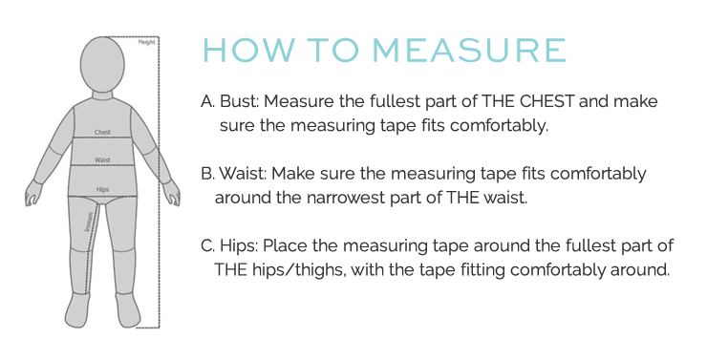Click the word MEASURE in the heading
pyautogui.click(x=469, y=50)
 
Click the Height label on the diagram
pyautogui.click(x=146, y=42)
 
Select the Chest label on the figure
pyautogui.click(x=102, y=132)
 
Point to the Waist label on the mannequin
pyautogui.click(x=102, y=160)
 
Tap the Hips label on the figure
pyautogui.click(x=102, y=189)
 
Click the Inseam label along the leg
pyautogui.click(x=89, y=222)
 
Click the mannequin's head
pyautogui.click(x=102, y=64)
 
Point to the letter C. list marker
pyautogui.click(x=208, y=245)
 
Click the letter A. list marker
pyautogui.click(x=208, y=101)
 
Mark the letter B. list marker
pyautogui.click(x=208, y=174)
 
